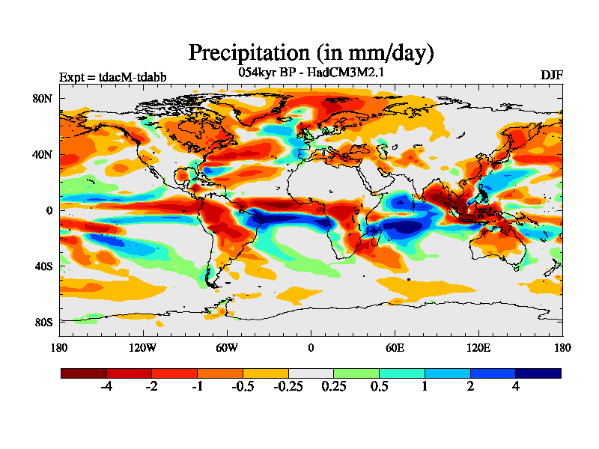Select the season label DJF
(x=551, y=76)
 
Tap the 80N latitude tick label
(x=43, y=99)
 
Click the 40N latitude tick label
(x=43, y=155)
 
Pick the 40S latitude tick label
(x=43, y=266)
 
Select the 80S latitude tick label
(x=43, y=323)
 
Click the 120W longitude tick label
(x=143, y=347)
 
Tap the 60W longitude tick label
(x=227, y=347)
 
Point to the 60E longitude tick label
(x=395, y=347)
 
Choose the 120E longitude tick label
(x=478, y=347)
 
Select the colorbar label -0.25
(x=288, y=387)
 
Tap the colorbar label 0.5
(x=379, y=387)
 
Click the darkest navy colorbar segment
(x=538, y=372)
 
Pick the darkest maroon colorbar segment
(x=83, y=372)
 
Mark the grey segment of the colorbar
(x=311, y=372)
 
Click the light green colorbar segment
(x=356, y=372)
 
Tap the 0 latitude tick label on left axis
(x=49, y=211)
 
